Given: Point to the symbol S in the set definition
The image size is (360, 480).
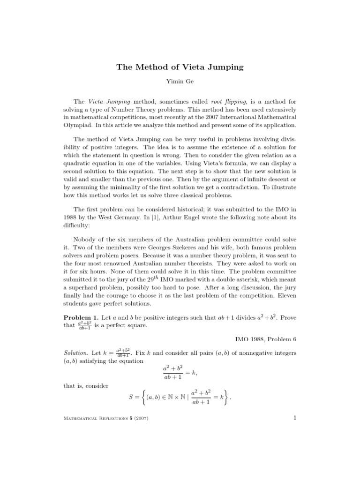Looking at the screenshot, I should (131, 397).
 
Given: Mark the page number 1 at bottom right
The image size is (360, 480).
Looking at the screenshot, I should (295, 418).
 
